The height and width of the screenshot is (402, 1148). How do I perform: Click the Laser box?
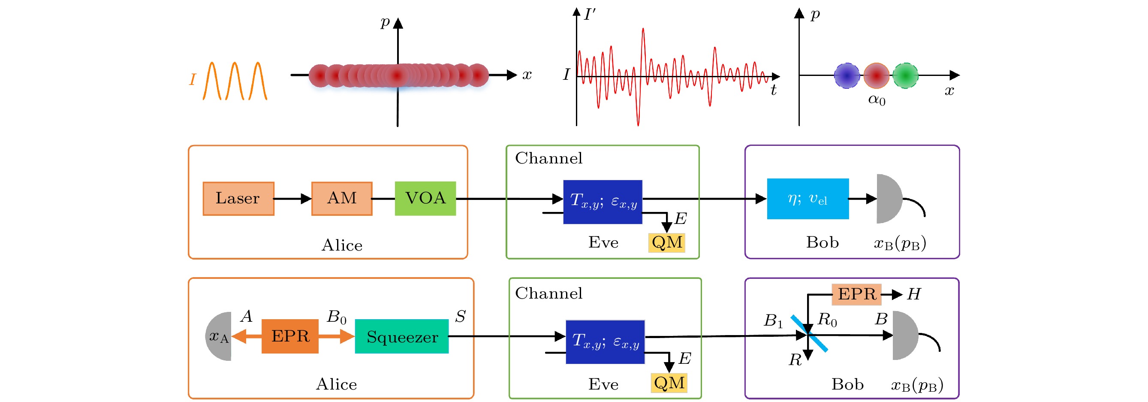[x=238, y=198]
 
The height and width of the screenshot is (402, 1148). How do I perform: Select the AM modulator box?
[x=342, y=198]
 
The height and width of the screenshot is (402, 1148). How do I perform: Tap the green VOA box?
[x=425, y=198]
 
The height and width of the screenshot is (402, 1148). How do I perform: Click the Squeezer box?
[x=401, y=336]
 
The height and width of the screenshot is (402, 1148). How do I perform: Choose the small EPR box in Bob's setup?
[x=856, y=294]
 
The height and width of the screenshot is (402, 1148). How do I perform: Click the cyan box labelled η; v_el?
[x=808, y=199]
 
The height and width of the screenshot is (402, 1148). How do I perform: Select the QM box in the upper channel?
[x=667, y=242]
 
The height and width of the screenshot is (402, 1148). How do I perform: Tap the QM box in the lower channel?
[x=669, y=383]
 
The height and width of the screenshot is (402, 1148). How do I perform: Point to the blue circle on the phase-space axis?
[x=847, y=76]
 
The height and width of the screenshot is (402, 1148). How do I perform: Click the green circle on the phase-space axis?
[x=905, y=76]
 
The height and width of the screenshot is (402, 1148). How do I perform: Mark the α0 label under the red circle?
[x=877, y=100]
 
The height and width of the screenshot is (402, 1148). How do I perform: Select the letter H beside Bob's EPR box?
[x=913, y=294]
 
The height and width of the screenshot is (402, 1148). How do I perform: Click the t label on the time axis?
[x=774, y=91]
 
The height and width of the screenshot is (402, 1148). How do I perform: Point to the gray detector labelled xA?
[x=219, y=336]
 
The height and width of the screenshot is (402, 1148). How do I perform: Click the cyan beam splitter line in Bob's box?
[x=809, y=334]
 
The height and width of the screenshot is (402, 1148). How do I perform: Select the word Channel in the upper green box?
[x=548, y=158]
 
